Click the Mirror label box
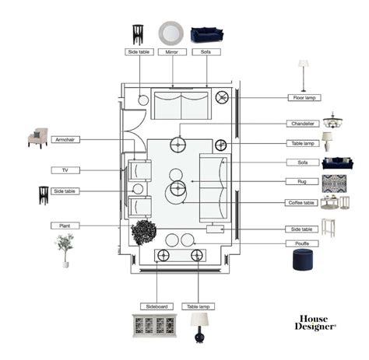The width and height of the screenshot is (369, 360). pos(172,52)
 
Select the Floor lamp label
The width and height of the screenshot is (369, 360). pos(304,98)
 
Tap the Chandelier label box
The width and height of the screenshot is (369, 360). pos(303,124)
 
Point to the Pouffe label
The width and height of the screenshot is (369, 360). pos(302,243)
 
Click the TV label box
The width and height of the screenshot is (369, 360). pos(65,170)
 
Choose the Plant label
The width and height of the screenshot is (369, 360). pos(65,225)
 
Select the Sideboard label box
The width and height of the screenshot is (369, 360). pos(156,306)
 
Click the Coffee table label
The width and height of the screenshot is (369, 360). pos(301,203)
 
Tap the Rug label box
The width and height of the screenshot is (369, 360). pos(302,181)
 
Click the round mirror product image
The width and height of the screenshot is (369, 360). pos(171,33)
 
